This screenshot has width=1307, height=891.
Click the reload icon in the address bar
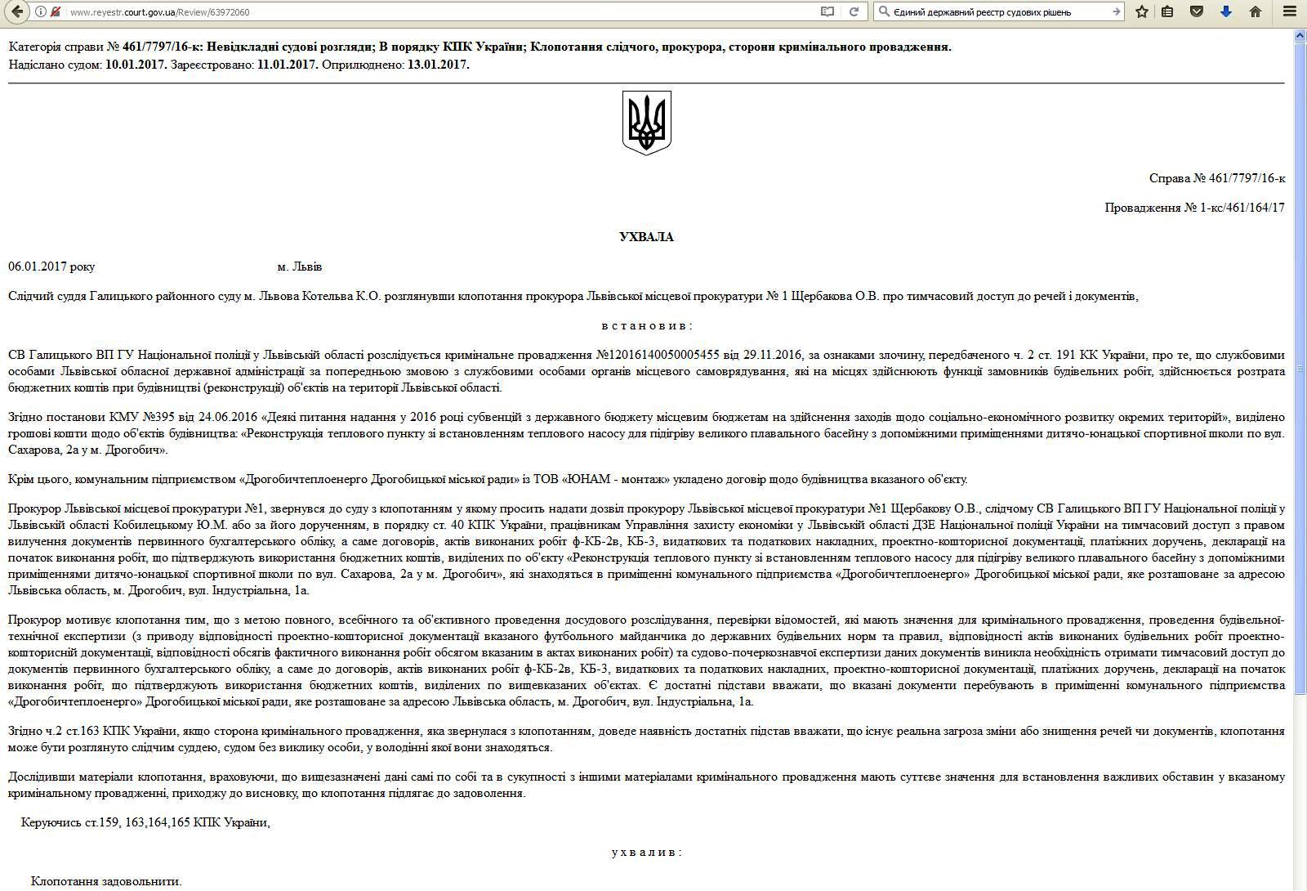[854, 11]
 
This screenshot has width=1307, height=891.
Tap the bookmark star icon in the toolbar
[1142, 11]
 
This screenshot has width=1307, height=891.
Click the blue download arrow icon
[1225, 11]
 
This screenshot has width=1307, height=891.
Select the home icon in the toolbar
[1256, 11]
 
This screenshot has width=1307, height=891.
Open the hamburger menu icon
[1290, 11]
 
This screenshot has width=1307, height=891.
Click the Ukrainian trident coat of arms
[646, 123]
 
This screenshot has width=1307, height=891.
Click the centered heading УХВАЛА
[646, 237]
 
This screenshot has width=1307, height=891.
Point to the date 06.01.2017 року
[51, 266]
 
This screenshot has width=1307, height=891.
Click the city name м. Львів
[300, 266]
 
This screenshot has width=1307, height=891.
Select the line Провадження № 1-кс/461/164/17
[1194, 208]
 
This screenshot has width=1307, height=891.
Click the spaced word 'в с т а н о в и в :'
[646, 325]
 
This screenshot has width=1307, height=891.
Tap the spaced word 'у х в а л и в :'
[646, 852]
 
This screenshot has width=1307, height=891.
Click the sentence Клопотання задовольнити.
[106, 881]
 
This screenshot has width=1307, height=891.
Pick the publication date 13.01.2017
[438, 65]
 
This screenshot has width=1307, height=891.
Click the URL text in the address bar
[159, 12]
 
